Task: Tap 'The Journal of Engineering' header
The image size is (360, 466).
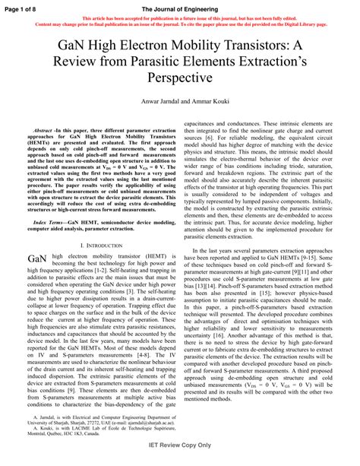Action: click(180, 6)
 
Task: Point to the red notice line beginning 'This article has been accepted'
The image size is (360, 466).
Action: click(179, 17)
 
